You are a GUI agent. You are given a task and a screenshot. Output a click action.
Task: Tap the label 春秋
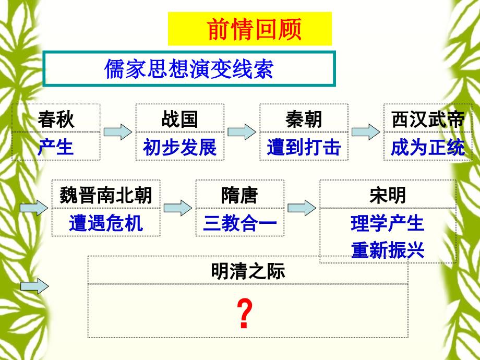pyautogui.click(x=56, y=120)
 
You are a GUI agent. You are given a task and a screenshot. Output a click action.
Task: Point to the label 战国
pyautogui.click(x=179, y=120)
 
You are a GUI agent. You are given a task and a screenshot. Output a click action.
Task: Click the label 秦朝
pyautogui.click(x=304, y=120)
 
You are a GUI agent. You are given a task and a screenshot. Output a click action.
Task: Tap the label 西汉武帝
pyautogui.click(x=427, y=120)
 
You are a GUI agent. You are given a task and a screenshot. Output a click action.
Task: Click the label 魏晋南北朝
pyautogui.click(x=106, y=196)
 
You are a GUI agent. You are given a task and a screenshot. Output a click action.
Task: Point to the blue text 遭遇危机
pyautogui.click(x=106, y=223)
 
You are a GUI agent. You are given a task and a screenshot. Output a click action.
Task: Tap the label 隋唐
pyautogui.click(x=239, y=196)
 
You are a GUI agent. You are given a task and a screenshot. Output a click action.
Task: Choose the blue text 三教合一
pyautogui.click(x=239, y=223)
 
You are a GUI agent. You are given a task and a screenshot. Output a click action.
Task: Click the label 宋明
pyautogui.click(x=387, y=196)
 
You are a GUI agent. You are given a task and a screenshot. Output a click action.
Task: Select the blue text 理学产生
pyautogui.click(x=387, y=223)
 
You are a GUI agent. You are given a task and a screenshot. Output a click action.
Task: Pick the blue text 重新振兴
pyautogui.click(x=387, y=251)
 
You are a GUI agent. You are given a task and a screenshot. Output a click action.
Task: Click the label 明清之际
pyautogui.click(x=248, y=271)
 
